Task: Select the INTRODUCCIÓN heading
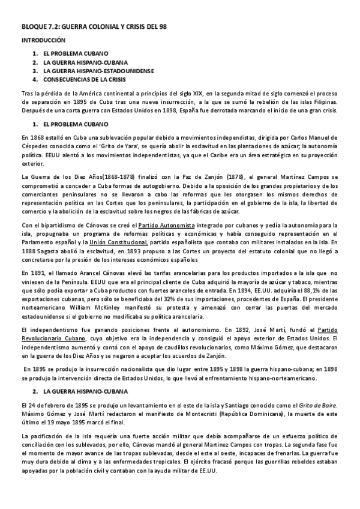[43, 41]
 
